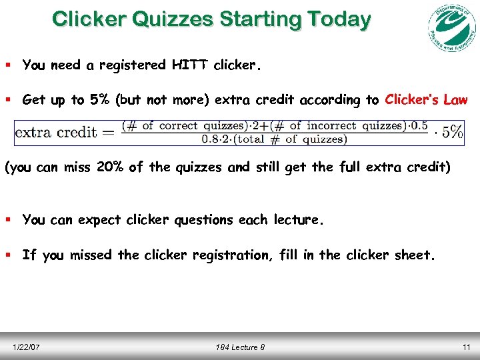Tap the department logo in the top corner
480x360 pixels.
[451, 28]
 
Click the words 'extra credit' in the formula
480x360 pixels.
[56, 131]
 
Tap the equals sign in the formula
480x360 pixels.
[109, 131]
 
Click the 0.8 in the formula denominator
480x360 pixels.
[211, 139]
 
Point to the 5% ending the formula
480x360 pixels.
[453, 131]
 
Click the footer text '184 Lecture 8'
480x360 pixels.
[239, 347]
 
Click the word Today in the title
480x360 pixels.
[338, 19]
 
